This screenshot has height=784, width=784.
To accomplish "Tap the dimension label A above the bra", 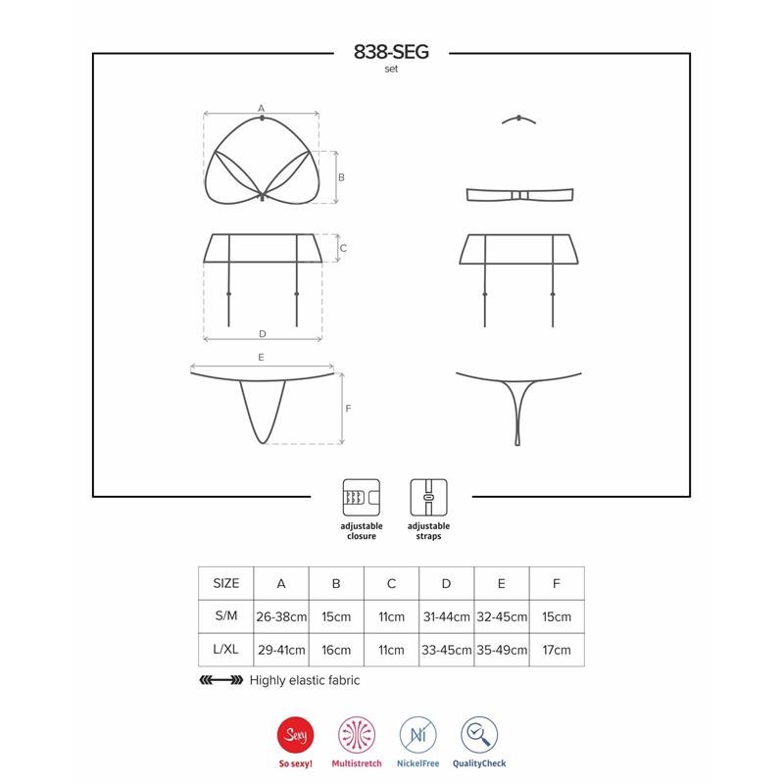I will click(262, 107).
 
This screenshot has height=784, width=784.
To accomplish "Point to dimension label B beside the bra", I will click(341, 177).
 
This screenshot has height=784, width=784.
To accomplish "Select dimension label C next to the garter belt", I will click(343, 249).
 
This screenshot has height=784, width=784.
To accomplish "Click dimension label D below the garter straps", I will click(262, 333).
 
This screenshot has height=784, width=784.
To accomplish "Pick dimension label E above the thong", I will click(262, 359).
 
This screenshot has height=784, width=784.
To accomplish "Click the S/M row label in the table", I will click(225, 616).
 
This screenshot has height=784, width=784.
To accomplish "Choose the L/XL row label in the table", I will click(225, 650).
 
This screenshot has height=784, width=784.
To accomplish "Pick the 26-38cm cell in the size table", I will click(281, 616).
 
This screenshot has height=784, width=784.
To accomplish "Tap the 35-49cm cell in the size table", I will click(501, 650).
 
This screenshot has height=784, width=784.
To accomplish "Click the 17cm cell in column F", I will click(556, 650).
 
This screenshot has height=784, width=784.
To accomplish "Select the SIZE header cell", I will click(225, 583).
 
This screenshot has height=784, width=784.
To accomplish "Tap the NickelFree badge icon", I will click(417, 732).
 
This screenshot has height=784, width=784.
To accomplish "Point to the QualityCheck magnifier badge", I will click(480, 732).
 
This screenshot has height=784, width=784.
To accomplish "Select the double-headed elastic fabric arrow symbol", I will click(220, 680).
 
